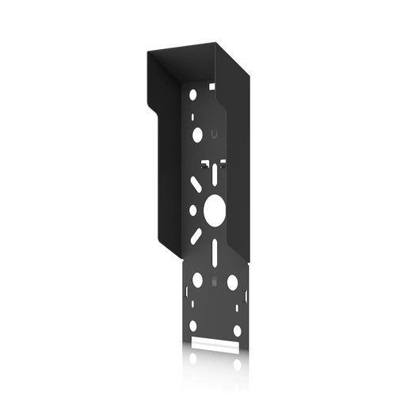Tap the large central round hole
click(214, 209)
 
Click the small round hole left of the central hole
click(192, 211)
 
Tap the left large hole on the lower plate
click(196, 280)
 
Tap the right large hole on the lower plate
click(232, 281)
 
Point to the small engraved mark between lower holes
click(214, 281)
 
